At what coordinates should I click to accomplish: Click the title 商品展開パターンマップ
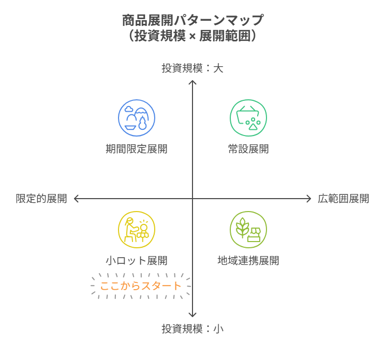(x=192, y=21)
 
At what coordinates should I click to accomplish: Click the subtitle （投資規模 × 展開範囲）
(x=192, y=36)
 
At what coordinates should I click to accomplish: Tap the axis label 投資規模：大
(x=192, y=68)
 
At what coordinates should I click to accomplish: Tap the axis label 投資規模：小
(x=192, y=328)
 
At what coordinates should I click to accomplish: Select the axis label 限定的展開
(x=41, y=199)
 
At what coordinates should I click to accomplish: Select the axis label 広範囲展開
(x=343, y=199)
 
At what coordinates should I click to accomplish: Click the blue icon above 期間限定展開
(x=137, y=118)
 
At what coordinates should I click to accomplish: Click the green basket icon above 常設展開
(x=248, y=118)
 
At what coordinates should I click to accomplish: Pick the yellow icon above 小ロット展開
(x=137, y=230)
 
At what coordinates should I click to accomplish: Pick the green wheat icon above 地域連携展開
(x=248, y=230)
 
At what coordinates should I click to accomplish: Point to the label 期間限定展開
(x=137, y=149)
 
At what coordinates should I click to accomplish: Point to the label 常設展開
(x=248, y=149)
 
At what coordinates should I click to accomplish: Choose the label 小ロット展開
(x=137, y=261)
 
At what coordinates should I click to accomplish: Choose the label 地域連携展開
(x=248, y=261)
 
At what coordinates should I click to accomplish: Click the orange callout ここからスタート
(x=141, y=286)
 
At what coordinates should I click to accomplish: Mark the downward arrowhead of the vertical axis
(x=192, y=315)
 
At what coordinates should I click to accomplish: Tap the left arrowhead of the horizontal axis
(x=76, y=199)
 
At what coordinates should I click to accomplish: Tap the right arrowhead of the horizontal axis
(x=309, y=199)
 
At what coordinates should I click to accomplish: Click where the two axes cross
(x=192, y=199)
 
